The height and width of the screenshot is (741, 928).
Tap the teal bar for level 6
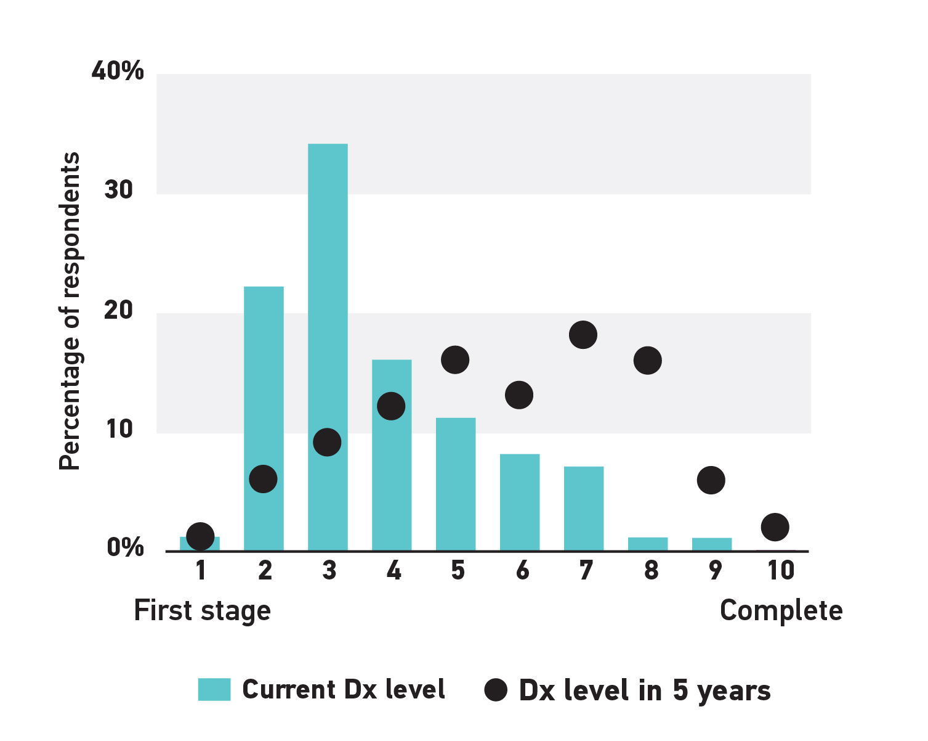520,502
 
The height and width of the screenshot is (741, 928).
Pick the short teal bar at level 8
648,544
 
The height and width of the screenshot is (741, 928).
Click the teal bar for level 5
456,484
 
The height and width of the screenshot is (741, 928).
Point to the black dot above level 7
583,335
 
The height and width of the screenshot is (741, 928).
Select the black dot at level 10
775,527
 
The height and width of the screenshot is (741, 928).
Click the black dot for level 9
711,480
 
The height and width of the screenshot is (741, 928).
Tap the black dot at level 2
264,479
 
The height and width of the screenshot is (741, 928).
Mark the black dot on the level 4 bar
391,406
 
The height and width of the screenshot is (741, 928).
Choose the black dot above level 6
519,395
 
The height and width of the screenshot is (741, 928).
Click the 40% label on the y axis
118,71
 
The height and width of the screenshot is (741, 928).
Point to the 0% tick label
125,547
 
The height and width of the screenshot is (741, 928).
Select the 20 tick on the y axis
119,309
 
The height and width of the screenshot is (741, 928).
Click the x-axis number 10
780,570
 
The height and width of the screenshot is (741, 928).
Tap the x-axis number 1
201,570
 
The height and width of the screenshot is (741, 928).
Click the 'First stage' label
202,611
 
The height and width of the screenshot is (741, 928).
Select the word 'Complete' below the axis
781,611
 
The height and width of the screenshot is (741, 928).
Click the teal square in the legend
214,689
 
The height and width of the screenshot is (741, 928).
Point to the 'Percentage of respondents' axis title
70,311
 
